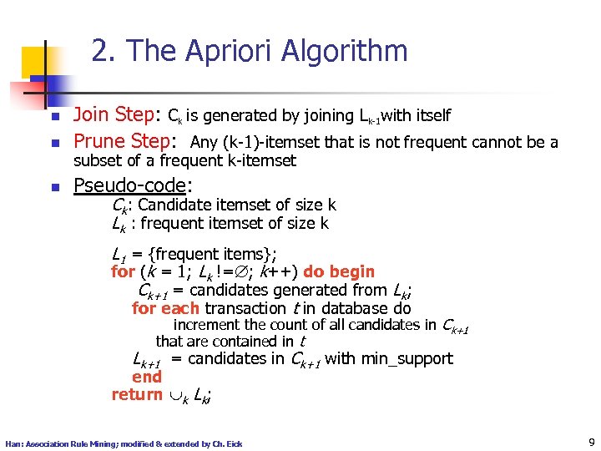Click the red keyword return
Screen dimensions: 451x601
[137, 394]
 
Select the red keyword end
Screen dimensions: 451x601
[146, 377]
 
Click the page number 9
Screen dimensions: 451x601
[590, 443]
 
